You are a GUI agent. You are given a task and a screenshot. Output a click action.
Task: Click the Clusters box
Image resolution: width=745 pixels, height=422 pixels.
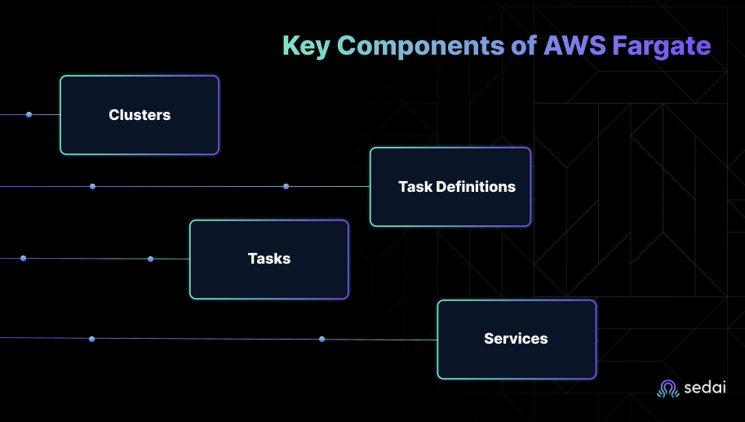(140, 115)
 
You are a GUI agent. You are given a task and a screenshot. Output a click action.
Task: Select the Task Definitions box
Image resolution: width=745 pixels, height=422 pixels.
(450, 187)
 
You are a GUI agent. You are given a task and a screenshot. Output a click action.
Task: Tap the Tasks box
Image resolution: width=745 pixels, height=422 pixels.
(269, 259)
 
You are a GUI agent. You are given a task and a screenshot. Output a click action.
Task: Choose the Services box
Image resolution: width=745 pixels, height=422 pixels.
(517, 339)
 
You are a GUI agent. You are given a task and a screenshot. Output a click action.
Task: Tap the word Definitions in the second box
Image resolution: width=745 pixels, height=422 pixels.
(476, 187)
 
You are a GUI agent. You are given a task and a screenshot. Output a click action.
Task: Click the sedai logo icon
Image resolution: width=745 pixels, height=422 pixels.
(668, 389)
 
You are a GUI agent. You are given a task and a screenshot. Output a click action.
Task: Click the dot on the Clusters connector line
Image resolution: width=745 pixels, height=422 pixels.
(29, 115)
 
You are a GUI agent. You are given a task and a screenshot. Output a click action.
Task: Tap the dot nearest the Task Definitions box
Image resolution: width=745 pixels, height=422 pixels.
(286, 187)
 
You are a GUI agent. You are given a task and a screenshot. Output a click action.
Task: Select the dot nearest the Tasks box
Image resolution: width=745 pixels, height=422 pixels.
(150, 259)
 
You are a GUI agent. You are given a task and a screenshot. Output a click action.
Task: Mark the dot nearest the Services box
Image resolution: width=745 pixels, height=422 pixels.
(322, 339)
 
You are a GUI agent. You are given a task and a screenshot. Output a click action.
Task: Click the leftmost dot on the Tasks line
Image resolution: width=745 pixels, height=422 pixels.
(23, 259)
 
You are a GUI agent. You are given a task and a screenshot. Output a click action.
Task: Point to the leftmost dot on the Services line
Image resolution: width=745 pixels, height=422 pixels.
(91, 339)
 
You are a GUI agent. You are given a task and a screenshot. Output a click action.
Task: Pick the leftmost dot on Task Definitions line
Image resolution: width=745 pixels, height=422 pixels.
(92, 187)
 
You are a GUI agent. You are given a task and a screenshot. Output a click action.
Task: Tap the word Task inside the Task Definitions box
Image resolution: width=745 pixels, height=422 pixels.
(415, 187)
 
